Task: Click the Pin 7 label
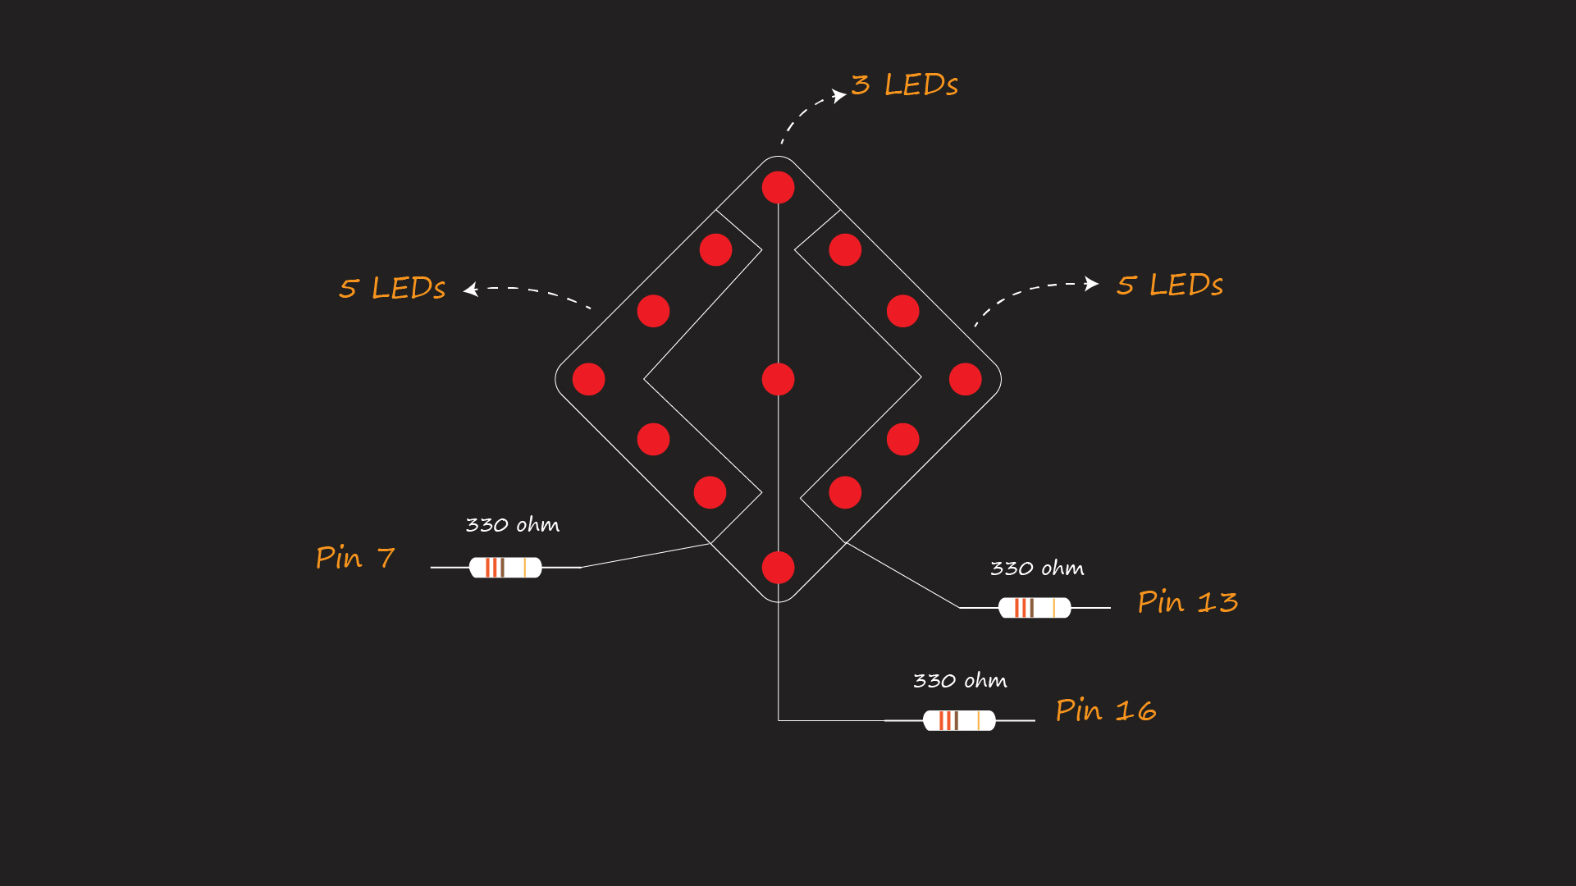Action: (355, 558)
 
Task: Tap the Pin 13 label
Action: (1187, 602)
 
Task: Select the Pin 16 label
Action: (1106, 710)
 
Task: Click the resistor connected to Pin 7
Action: (505, 567)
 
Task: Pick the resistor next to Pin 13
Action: (1035, 607)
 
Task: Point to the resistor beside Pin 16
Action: (959, 720)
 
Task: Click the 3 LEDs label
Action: (905, 84)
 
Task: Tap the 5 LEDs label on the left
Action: (392, 288)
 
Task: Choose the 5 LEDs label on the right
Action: (1170, 285)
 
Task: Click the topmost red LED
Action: (778, 187)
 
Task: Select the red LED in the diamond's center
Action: (778, 379)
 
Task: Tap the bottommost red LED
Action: (778, 567)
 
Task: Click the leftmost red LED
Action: (588, 379)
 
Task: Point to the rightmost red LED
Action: (965, 379)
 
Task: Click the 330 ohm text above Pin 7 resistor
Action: (513, 525)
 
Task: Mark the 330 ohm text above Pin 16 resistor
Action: (960, 681)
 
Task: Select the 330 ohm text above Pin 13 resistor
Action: (1037, 569)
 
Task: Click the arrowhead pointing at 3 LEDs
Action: (839, 95)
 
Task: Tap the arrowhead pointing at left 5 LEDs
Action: (471, 289)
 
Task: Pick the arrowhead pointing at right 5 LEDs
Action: (1091, 284)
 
